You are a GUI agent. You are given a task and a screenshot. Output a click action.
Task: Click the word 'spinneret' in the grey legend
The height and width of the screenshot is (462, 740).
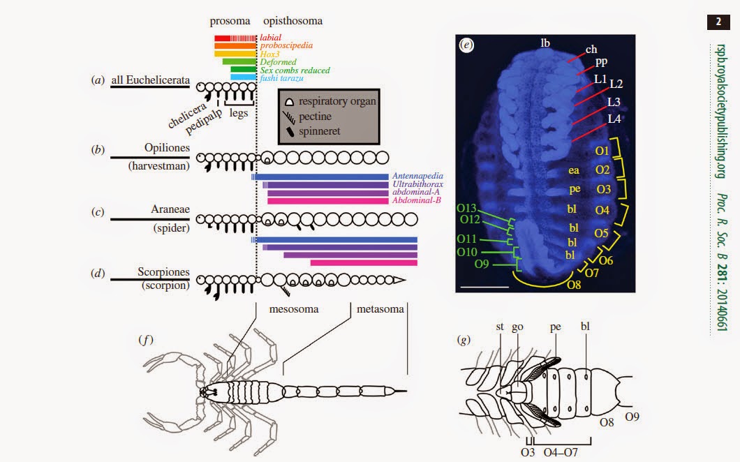click(x=319, y=131)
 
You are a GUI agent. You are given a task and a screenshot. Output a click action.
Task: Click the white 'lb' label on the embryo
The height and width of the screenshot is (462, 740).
click(x=545, y=43)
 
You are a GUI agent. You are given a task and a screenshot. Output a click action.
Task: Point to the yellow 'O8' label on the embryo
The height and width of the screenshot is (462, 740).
click(x=574, y=284)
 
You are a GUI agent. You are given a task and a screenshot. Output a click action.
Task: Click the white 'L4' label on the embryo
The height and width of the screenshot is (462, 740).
click(x=614, y=119)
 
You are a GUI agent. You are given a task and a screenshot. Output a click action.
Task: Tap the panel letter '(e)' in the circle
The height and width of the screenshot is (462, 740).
click(x=467, y=45)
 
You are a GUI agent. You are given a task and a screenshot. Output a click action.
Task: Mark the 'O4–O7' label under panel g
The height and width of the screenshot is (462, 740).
click(x=559, y=452)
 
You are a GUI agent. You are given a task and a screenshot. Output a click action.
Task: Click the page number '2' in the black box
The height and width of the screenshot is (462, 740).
click(x=718, y=22)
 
